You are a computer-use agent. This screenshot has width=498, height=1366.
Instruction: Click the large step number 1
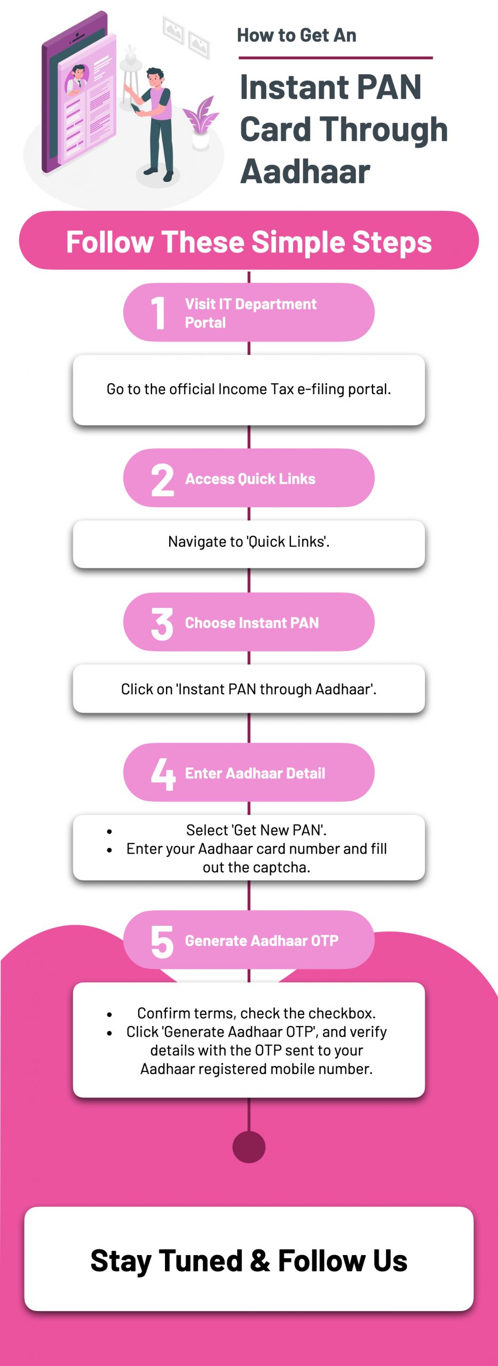[158, 313]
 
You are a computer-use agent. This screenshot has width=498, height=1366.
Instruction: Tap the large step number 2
[162, 480]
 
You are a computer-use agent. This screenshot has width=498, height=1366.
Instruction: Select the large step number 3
[162, 623]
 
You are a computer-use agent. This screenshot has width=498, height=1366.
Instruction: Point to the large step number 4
[163, 774]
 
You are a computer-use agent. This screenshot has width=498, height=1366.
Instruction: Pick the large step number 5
[162, 941]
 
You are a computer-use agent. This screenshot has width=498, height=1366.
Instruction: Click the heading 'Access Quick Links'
[250, 479]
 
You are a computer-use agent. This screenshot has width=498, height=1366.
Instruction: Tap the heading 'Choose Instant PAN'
[251, 623]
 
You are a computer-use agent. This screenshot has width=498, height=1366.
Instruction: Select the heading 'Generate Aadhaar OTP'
[262, 941]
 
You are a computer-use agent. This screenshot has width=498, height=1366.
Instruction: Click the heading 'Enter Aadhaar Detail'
[255, 774]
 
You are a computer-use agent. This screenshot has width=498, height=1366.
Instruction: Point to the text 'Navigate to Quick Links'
[249, 542]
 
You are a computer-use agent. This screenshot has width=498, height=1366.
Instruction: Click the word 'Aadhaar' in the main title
[305, 172]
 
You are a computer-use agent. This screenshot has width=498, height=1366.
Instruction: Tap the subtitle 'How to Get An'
[296, 36]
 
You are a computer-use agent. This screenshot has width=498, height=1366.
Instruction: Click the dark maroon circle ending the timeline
[249, 1146]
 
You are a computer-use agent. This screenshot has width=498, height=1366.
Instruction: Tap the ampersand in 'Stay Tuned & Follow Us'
[259, 1261]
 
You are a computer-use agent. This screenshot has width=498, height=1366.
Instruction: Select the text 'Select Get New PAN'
[256, 830]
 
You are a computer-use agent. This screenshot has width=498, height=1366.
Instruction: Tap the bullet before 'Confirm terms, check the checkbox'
[109, 1014]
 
